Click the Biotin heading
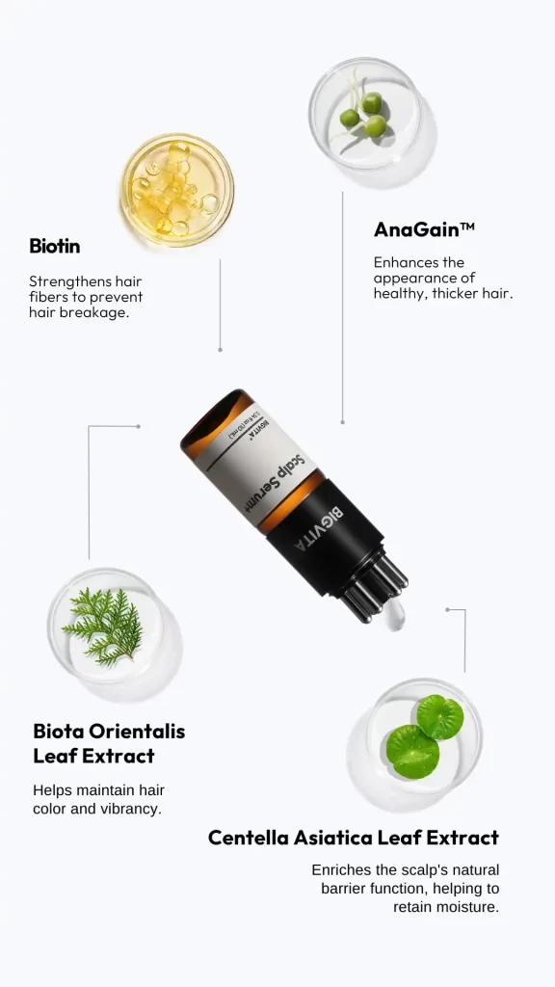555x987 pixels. [x=55, y=246]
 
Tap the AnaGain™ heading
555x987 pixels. [x=424, y=229]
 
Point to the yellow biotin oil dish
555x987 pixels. [x=177, y=190]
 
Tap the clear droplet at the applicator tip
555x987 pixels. [x=393, y=615]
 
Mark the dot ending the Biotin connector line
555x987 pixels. [x=221, y=349]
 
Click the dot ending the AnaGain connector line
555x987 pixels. [x=342, y=422]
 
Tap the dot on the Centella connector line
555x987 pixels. [x=447, y=609]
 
